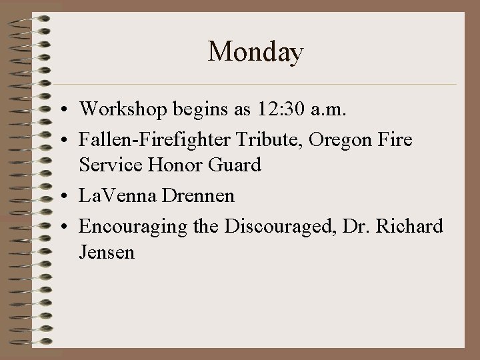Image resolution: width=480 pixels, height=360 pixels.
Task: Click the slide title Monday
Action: point(255,52)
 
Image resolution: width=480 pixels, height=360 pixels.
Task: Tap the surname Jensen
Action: point(107,253)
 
